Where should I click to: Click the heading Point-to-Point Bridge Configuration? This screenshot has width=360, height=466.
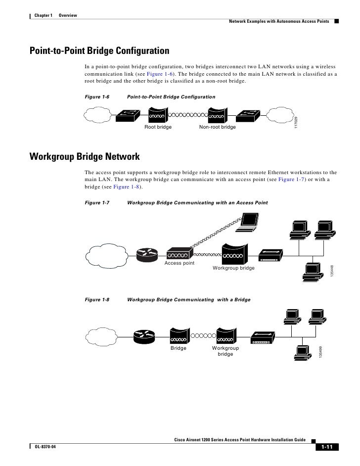point(99,51)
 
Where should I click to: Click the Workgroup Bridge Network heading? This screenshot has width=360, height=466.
point(85,157)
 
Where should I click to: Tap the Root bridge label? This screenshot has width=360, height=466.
point(158,128)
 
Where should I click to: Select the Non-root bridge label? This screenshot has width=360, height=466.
point(217,128)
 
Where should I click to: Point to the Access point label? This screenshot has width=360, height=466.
point(180,263)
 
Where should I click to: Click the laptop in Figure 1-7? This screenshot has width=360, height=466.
point(248,224)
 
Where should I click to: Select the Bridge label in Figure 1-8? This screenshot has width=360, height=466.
point(179,348)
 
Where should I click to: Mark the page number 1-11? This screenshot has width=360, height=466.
point(326,448)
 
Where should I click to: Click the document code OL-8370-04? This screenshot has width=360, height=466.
point(46,447)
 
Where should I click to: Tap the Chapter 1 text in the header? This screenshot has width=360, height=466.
point(44,17)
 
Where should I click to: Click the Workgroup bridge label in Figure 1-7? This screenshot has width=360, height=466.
point(233,268)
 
